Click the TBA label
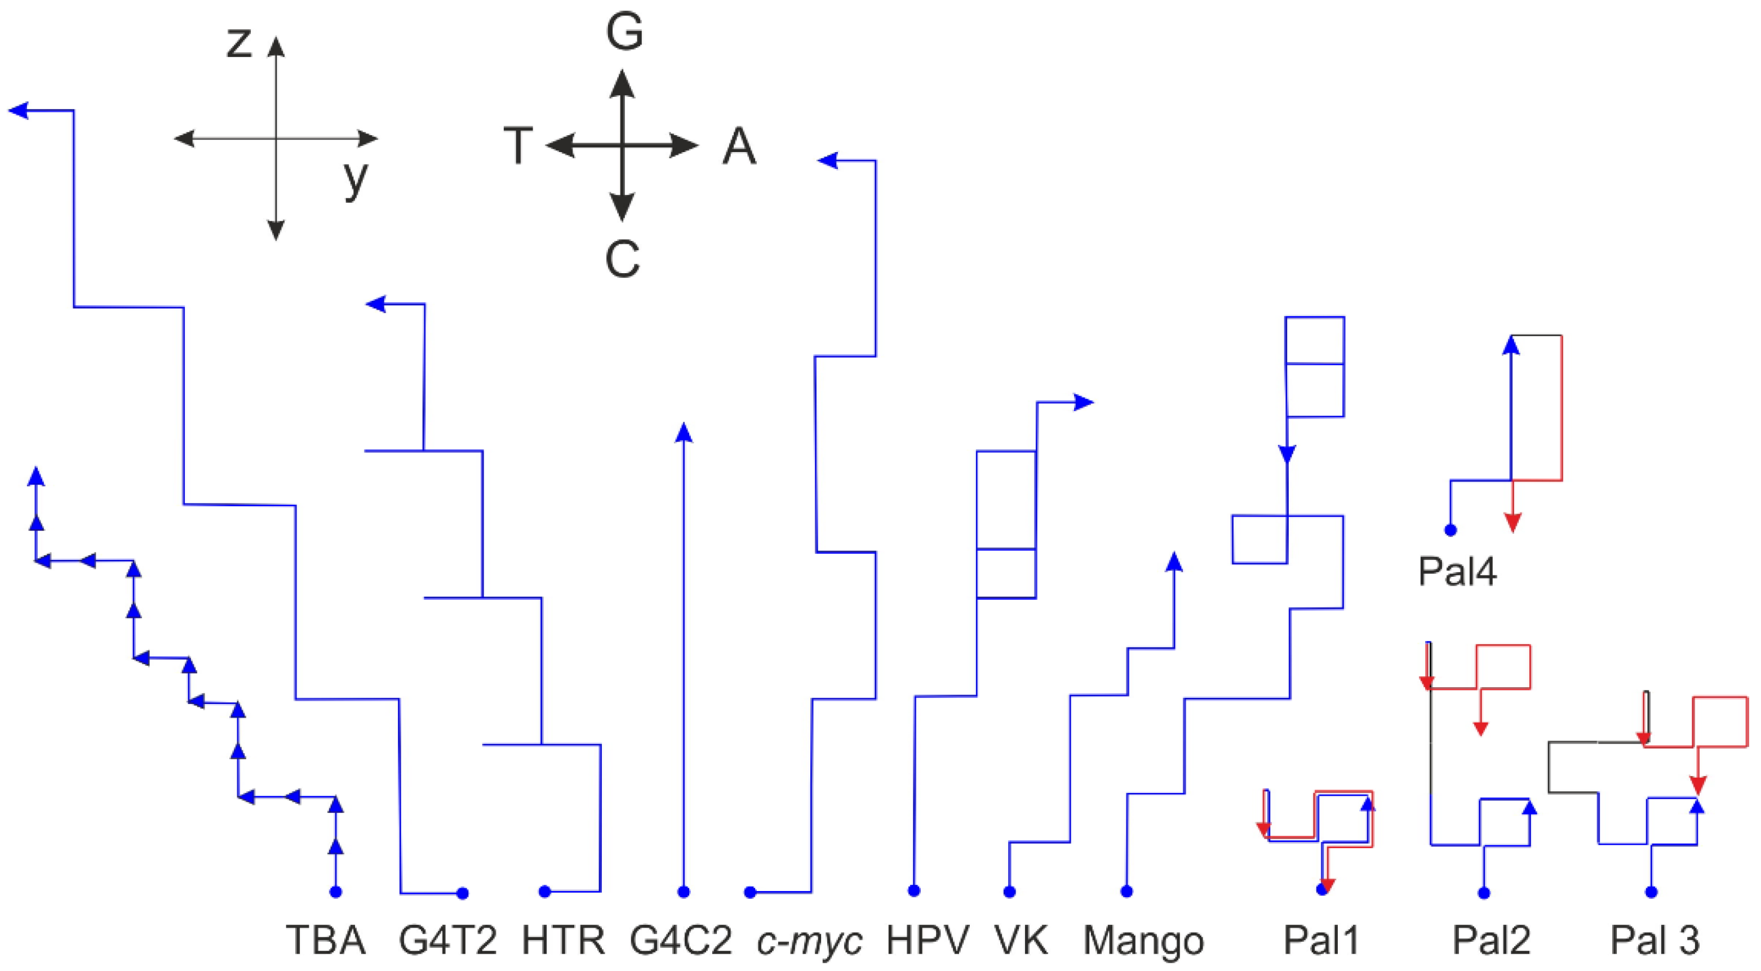[325, 939]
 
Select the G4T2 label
[448, 939]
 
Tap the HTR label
[564, 939]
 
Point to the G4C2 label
[681, 939]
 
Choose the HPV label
[928, 939]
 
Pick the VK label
[1021, 939]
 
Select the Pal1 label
[1321, 939]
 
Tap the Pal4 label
[1457, 571]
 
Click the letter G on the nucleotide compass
[624, 32]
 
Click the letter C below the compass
[622, 260]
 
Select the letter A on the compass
[739, 147]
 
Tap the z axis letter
[239, 42]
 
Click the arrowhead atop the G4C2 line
[684, 432]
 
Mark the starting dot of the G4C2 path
[684, 892]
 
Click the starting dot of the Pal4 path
[1450, 529]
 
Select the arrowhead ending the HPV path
[1084, 403]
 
